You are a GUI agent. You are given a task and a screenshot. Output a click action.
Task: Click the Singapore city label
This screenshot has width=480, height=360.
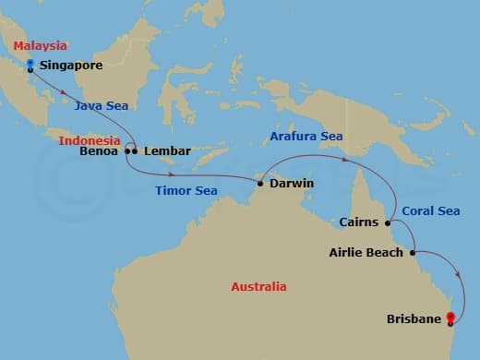tap(71, 66)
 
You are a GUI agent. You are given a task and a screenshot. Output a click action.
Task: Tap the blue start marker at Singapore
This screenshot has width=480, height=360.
tap(30, 65)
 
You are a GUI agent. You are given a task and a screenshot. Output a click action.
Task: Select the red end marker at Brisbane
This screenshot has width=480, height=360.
tap(450, 318)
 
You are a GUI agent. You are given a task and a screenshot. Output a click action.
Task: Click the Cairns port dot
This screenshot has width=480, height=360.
tap(388, 222)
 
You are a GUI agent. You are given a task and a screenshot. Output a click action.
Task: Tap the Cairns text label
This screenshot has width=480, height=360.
tap(359, 222)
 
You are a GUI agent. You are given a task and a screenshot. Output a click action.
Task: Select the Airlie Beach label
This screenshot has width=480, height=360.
tap(366, 252)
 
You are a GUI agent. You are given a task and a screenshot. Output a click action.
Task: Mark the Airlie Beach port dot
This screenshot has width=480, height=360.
tap(412, 252)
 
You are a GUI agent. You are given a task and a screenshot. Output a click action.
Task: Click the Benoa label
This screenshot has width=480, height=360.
tap(100, 150)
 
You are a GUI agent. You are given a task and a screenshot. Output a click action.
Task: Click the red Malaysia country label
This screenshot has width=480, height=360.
tap(41, 45)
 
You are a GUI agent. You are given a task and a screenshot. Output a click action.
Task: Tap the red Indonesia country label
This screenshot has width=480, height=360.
tap(90, 140)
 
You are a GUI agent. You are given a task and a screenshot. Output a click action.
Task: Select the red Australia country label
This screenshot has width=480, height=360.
tap(258, 287)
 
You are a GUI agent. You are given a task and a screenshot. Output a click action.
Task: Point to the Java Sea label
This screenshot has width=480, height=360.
tap(102, 106)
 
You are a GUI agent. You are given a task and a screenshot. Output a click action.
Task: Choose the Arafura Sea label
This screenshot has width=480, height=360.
tap(306, 137)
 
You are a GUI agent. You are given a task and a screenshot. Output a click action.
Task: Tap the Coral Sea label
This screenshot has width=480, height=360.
tap(431, 211)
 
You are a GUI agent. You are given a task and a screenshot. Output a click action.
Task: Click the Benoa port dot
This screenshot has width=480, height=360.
tap(127, 150)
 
